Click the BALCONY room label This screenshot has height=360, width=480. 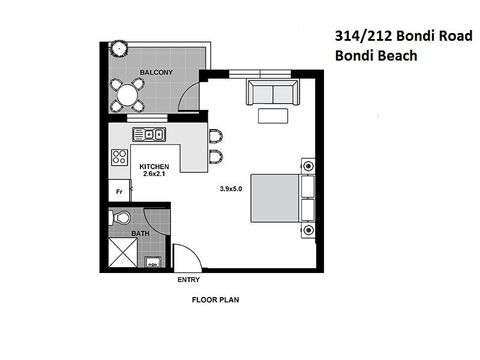coord(156,73)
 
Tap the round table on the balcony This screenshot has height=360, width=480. coord(127,94)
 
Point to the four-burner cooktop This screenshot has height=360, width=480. coord(119,157)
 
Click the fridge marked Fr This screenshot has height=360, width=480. coord(119,191)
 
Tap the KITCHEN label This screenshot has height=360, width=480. coord(154,166)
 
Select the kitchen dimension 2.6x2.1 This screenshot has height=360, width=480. coord(154,174)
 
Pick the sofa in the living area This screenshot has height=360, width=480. coord(272,93)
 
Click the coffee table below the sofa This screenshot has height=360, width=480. coord(273,116)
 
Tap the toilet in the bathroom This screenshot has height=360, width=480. coord(122,217)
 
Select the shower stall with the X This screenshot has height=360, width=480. coord(123,252)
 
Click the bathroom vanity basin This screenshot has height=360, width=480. coord(152,261)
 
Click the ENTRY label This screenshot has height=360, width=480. coord(188,280)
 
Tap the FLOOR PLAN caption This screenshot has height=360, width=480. coord(215,299)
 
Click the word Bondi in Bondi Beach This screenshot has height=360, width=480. coord(355,56)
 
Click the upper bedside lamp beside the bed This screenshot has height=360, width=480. coord(308,166)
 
